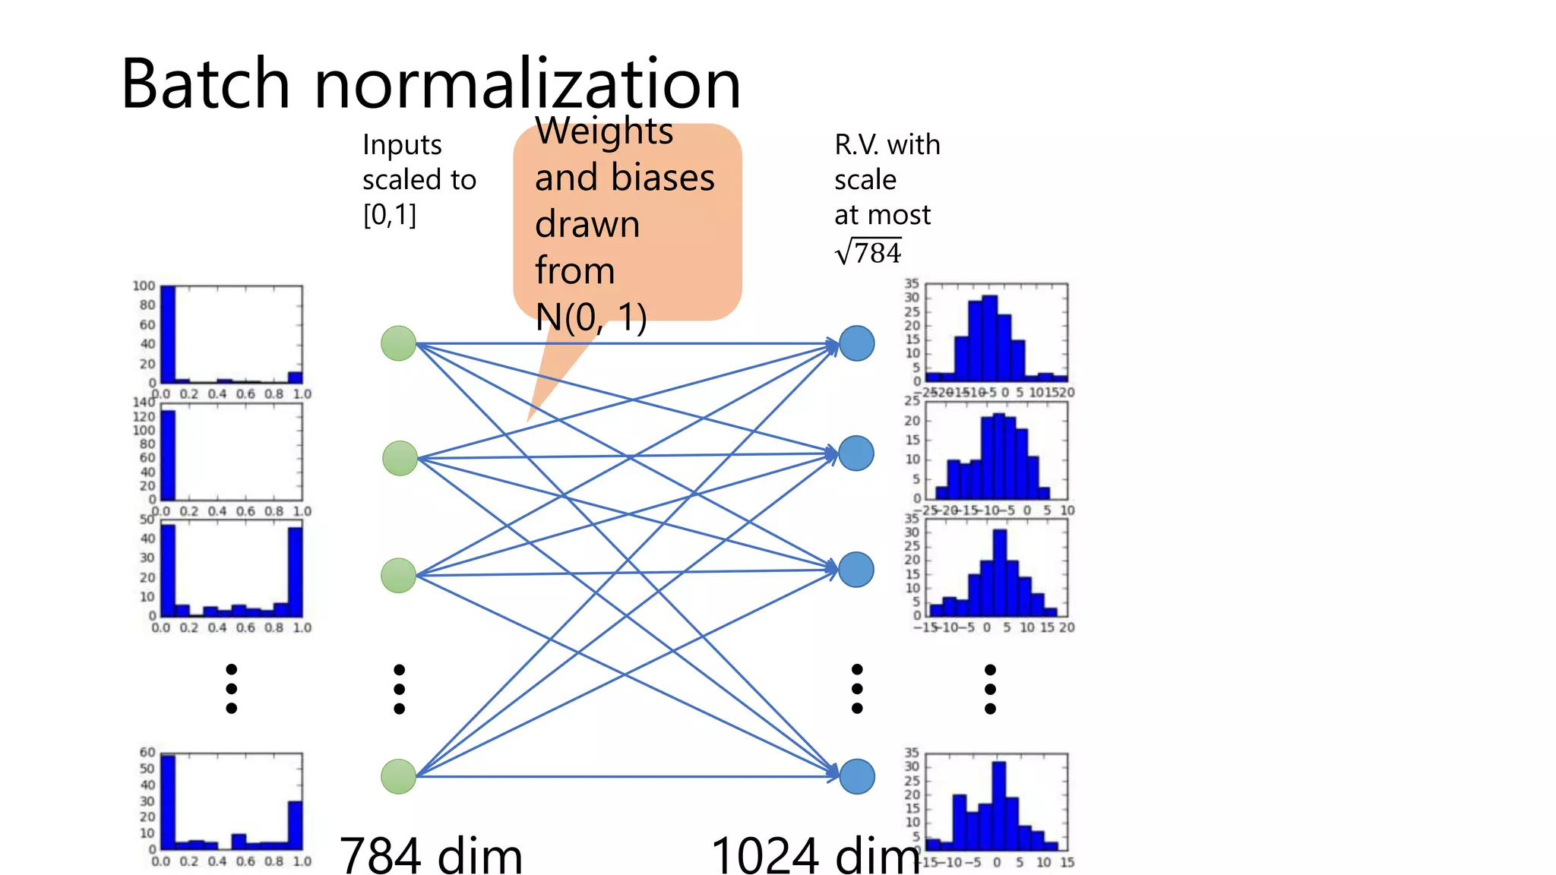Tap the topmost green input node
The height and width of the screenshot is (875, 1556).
(x=398, y=343)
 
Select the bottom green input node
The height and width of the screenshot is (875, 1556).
(x=398, y=776)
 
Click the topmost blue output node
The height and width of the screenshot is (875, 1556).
(x=857, y=343)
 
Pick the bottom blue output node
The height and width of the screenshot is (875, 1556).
(x=857, y=776)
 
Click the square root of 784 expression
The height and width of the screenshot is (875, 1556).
(x=868, y=252)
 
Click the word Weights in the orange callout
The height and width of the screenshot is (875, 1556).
(x=604, y=131)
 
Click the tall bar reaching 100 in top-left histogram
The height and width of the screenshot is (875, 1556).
(x=168, y=334)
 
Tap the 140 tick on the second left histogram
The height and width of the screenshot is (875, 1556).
(x=144, y=403)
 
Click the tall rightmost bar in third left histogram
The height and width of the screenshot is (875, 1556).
(x=296, y=571)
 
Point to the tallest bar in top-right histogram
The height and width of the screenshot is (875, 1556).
(x=989, y=339)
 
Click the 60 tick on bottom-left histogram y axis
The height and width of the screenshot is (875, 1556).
(x=147, y=752)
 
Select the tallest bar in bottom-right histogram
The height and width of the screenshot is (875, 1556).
(x=999, y=805)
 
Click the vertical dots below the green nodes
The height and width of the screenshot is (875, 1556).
(x=400, y=689)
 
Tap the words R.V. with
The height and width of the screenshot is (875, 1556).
(x=887, y=144)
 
